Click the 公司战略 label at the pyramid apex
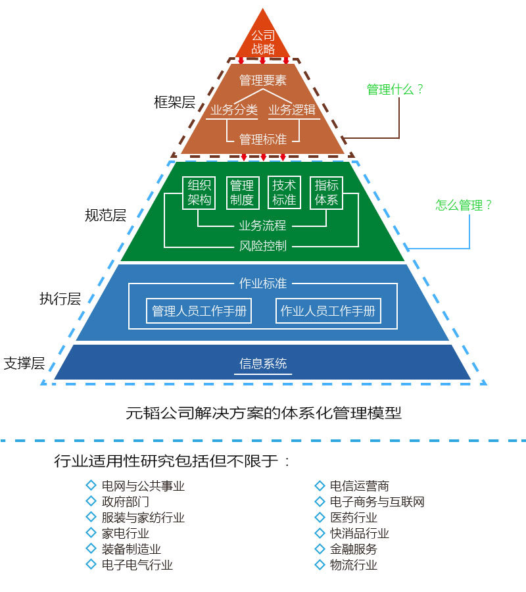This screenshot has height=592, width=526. (x=263, y=42)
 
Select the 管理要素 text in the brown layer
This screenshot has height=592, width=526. (x=263, y=80)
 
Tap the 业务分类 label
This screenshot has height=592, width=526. (x=233, y=110)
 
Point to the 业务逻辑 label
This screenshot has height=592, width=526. (x=293, y=110)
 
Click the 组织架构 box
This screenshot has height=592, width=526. (x=199, y=192)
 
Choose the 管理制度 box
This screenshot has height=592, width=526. (x=242, y=192)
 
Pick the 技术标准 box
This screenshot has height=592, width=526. (x=284, y=192)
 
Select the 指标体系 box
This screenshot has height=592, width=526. (x=327, y=192)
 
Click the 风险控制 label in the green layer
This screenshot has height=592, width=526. (x=263, y=247)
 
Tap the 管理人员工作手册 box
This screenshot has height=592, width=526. (x=199, y=310)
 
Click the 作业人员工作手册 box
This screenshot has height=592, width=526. (x=328, y=310)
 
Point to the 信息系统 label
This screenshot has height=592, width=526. (x=263, y=364)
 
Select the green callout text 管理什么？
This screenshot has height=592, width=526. (x=395, y=89)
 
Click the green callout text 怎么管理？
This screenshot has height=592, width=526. (x=464, y=205)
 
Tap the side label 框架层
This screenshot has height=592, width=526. (x=174, y=102)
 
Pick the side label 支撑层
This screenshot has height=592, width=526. (x=24, y=362)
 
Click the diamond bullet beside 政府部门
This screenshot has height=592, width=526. (x=91, y=501)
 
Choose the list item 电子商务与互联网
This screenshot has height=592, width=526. (x=377, y=502)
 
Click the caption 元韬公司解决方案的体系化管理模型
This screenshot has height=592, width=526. (x=263, y=413)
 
